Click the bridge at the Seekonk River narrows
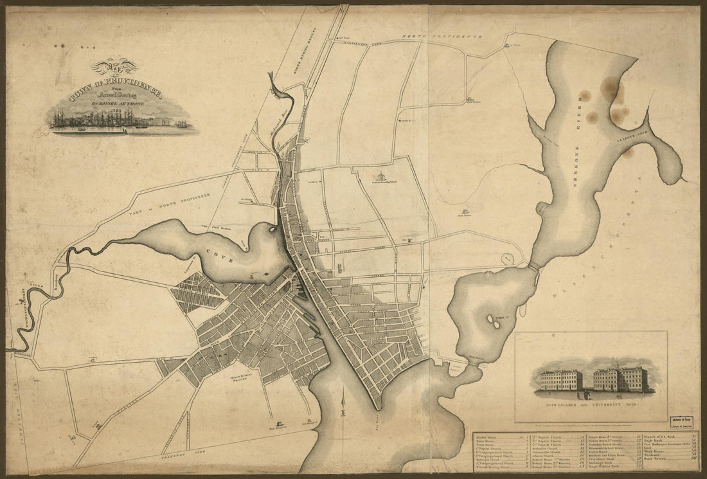(x=533, y=265)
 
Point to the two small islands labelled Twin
(x=493, y=320)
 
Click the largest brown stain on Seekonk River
(x=610, y=89)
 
